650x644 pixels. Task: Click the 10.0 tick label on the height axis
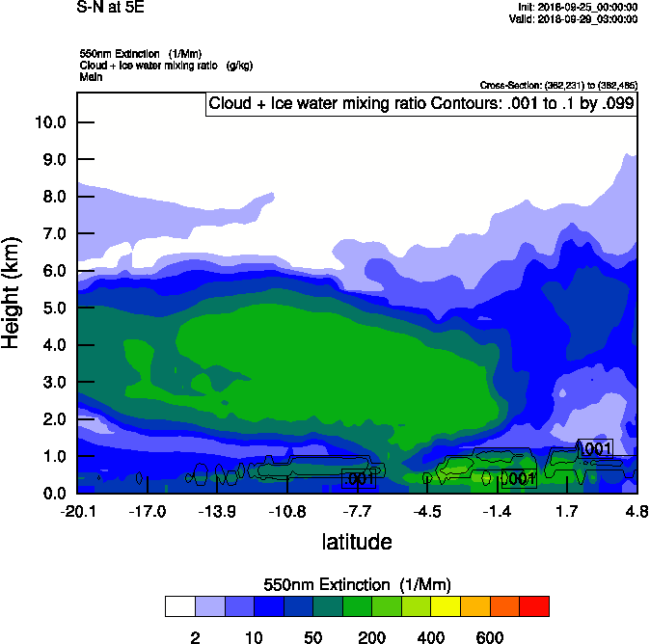tap(49, 122)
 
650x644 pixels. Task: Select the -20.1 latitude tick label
tap(77, 511)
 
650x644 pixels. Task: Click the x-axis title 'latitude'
tap(357, 542)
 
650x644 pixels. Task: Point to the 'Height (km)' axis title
tap(13, 292)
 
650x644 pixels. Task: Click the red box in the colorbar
tap(534, 606)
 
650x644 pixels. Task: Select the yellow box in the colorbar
tap(446, 606)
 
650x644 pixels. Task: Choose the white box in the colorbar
tap(179, 606)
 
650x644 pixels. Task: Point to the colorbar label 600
tap(490, 637)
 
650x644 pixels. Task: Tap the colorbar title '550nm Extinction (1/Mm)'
tap(357, 585)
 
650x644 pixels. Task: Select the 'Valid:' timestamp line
tap(573, 18)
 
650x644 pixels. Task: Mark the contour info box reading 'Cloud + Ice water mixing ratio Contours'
tap(421, 104)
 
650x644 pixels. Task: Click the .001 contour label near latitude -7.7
tap(359, 478)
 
